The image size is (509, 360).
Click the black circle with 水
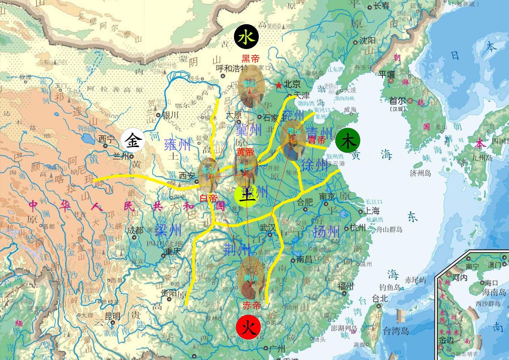point(246,37)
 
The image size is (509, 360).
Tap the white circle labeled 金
point(133,141)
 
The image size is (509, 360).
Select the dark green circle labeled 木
point(348,141)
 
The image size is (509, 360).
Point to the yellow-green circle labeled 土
point(246,195)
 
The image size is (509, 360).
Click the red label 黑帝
point(251,59)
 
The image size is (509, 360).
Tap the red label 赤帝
point(252,306)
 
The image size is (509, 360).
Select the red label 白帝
point(209,198)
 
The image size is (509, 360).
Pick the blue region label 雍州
point(177,145)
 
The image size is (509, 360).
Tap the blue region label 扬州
point(326,232)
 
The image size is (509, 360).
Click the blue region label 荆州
point(237,249)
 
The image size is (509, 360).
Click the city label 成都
point(135,230)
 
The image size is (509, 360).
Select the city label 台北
point(380,298)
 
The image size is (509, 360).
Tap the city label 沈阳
point(367,41)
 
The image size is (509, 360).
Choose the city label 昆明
point(113,316)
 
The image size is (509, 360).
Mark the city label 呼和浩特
point(232,69)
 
